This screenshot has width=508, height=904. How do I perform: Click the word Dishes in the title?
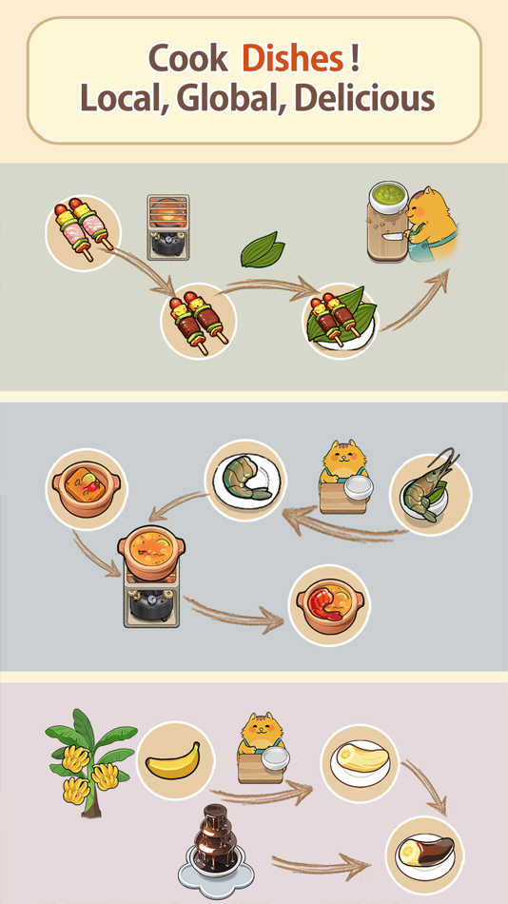292,59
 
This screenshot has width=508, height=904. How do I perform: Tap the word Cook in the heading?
187,59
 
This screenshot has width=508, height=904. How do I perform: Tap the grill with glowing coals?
167,226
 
